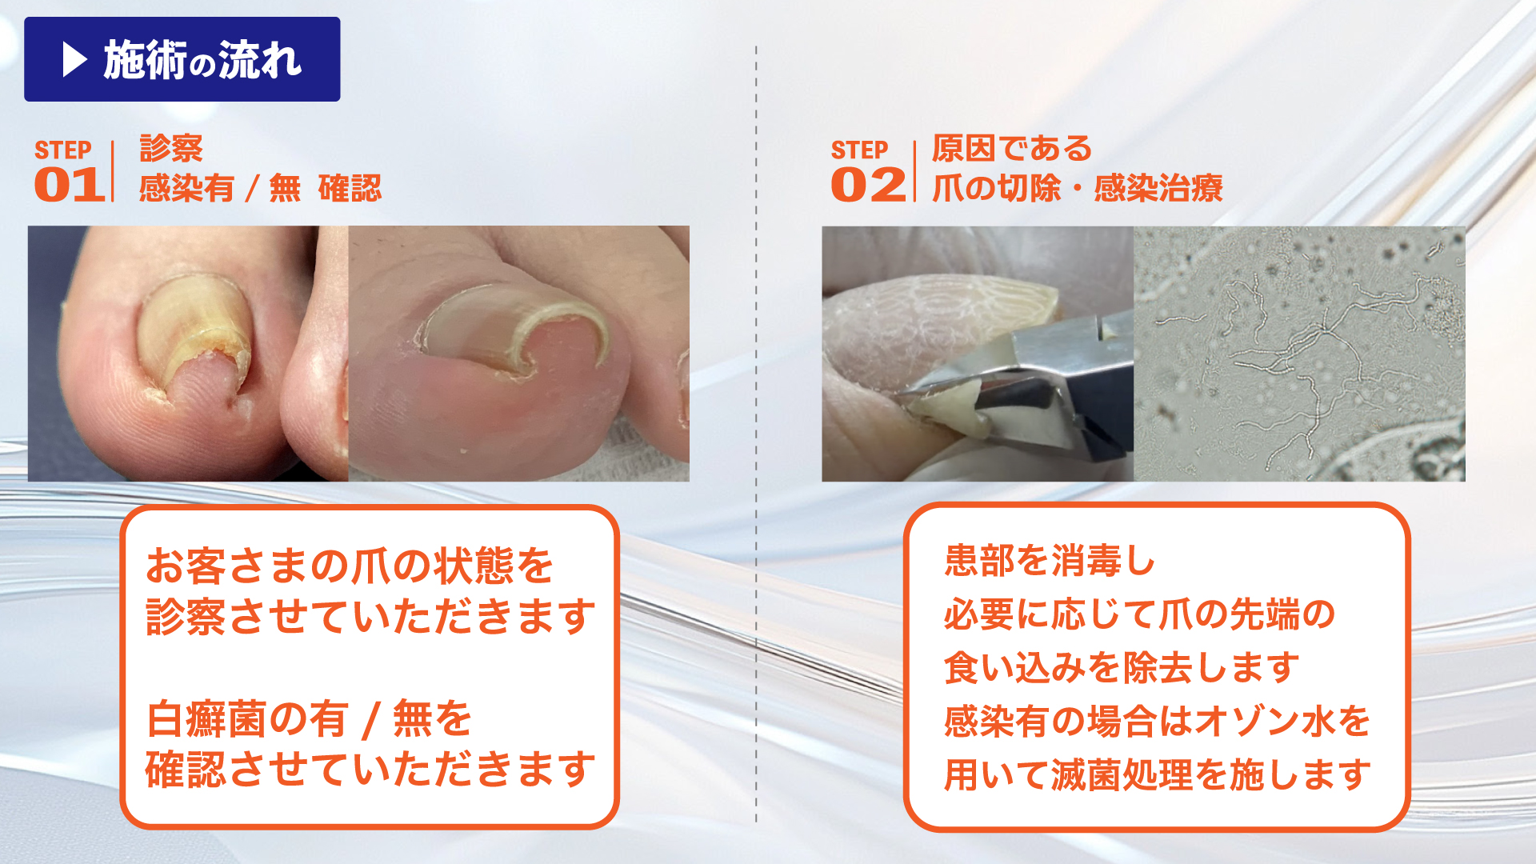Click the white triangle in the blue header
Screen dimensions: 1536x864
pyautogui.click(x=74, y=59)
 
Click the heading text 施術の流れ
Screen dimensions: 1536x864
pyautogui.click(x=202, y=60)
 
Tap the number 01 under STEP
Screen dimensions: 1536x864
pyautogui.click(x=70, y=185)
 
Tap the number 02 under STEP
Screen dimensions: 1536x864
pyautogui.click(x=867, y=185)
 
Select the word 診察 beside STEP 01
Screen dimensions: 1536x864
pyautogui.click(x=171, y=149)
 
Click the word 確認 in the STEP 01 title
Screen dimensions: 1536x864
pyautogui.click(x=350, y=189)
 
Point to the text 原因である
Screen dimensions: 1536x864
pyautogui.click(x=1012, y=149)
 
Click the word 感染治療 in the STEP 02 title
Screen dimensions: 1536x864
pyautogui.click(x=1158, y=189)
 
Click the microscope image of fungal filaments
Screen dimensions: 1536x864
pyautogui.click(x=1299, y=354)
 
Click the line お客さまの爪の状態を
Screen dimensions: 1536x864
pyautogui.click(x=350, y=566)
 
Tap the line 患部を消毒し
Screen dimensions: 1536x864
pyautogui.click(x=1050, y=560)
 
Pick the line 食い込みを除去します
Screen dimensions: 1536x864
pyautogui.click(x=1122, y=667)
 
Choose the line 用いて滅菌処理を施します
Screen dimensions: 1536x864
pyautogui.click(x=1158, y=774)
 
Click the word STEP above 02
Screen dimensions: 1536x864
pyautogui.click(x=859, y=150)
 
